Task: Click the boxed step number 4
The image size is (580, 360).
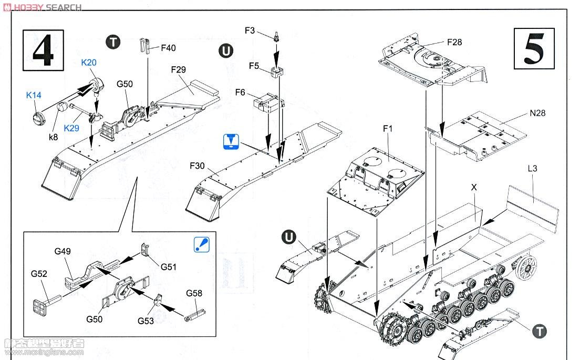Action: click(x=44, y=50)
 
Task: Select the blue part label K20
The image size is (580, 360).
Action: click(x=89, y=63)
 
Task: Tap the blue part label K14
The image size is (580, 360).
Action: click(x=34, y=95)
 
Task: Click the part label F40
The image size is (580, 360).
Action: click(x=168, y=48)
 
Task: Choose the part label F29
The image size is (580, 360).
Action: click(x=179, y=70)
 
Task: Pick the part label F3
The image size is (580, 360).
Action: click(x=250, y=30)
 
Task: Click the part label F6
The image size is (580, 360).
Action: click(x=240, y=92)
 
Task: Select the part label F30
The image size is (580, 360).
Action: click(x=198, y=166)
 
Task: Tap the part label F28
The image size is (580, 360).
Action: click(x=454, y=42)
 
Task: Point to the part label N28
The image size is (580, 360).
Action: click(x=537, y=113)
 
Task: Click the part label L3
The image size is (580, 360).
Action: click(x=533, y=169)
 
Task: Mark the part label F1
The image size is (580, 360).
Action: click(x=388, y=129)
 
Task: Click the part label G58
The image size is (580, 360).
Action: click(x=194, y=293)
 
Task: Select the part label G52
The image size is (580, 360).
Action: click(x=39, y=274)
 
